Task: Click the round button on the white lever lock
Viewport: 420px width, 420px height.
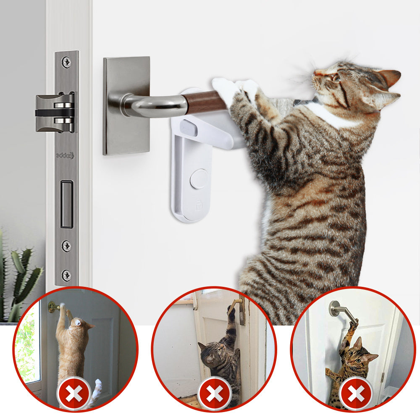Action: [x=199, y=178]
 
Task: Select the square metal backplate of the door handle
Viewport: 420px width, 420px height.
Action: [x=126, y=105]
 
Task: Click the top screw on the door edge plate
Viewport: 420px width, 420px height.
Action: [x=66, y=62]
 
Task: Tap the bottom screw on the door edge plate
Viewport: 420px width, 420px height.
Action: [x=66, y=275]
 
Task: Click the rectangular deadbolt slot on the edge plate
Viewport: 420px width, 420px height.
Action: [x=66, y=204]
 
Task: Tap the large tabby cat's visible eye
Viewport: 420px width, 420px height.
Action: [x=335, y=77]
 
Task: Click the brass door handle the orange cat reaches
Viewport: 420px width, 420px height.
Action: [x=54, y=307]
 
